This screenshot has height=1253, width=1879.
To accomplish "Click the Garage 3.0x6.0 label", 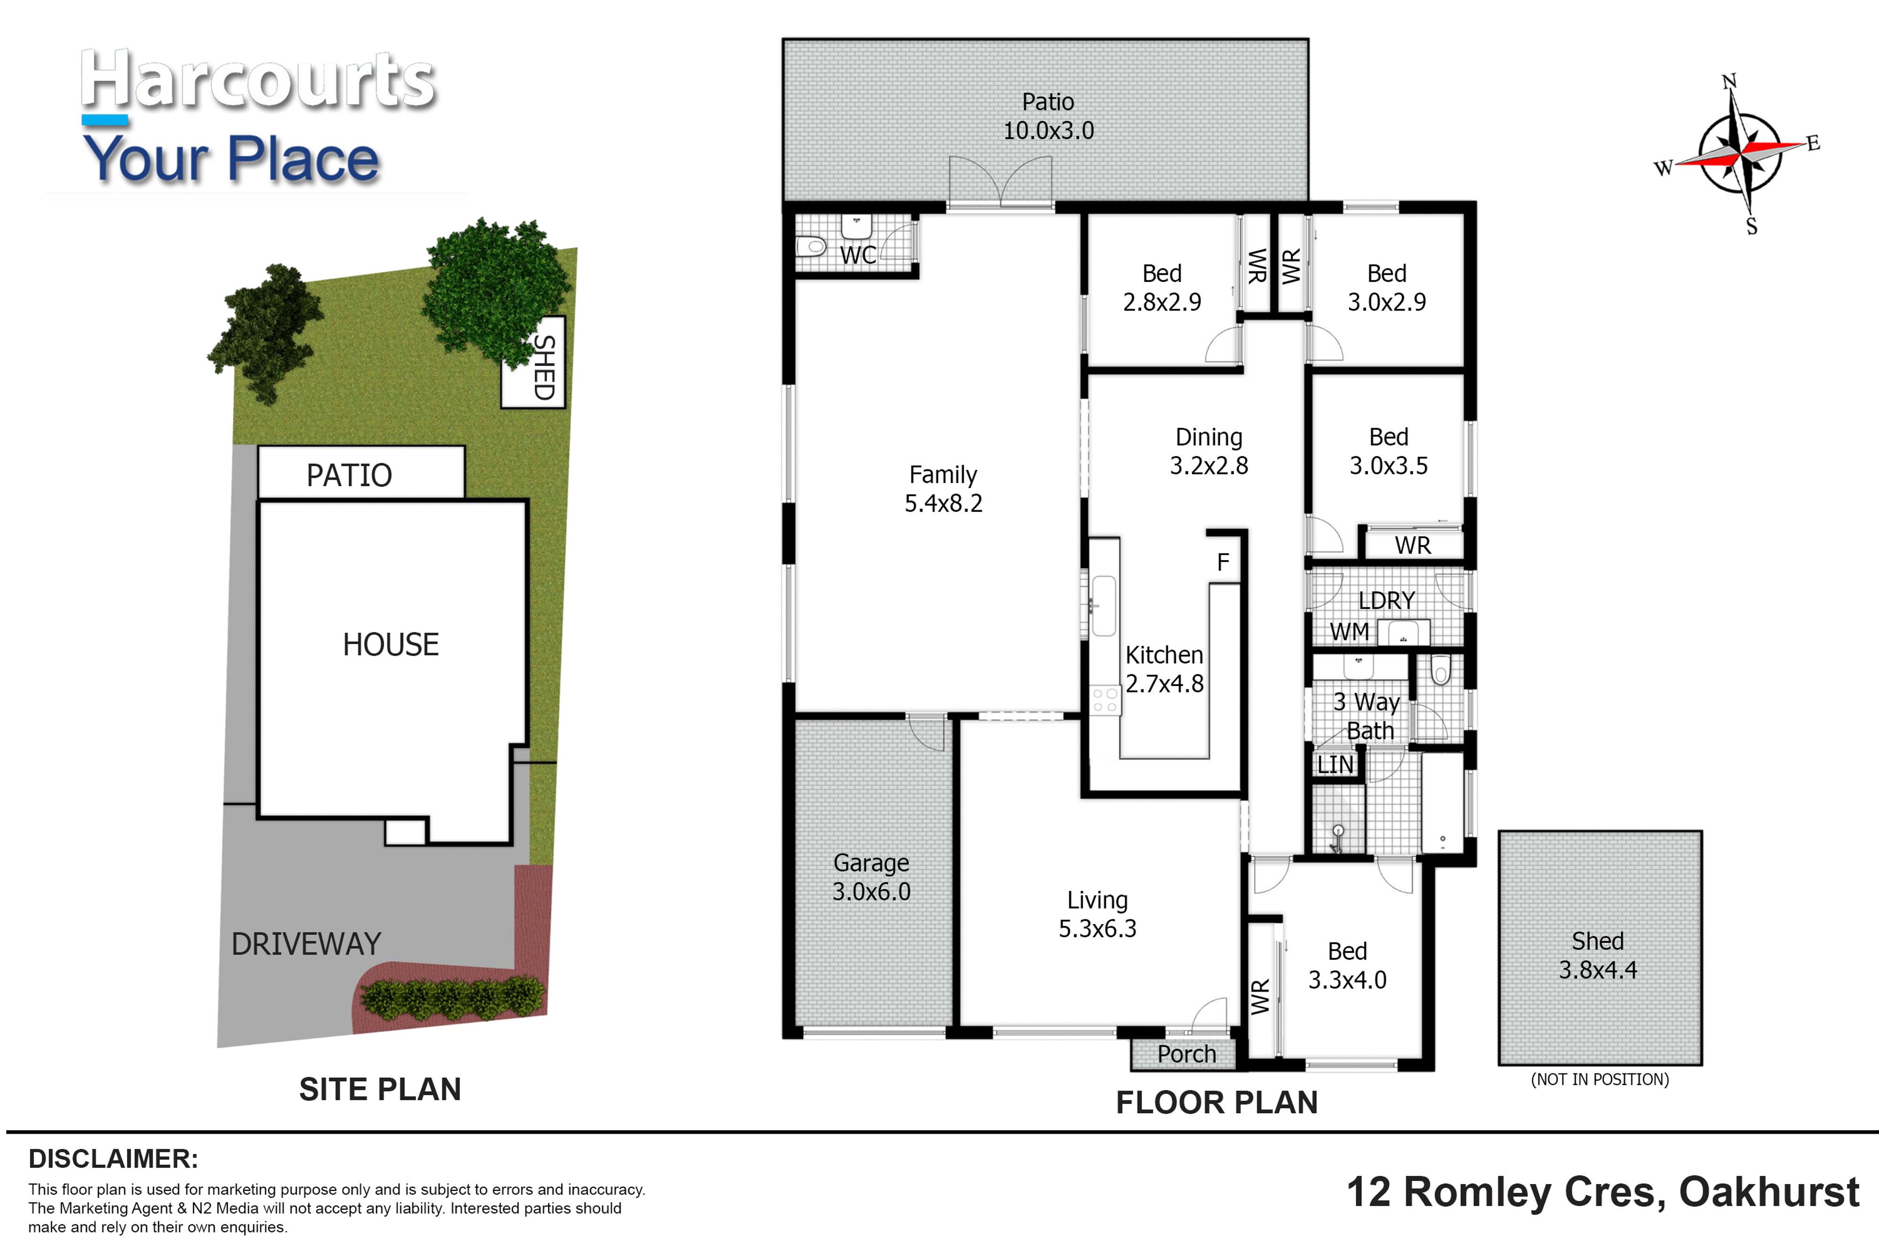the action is point(871,877).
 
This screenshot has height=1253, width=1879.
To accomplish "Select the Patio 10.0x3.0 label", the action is point(1048,116).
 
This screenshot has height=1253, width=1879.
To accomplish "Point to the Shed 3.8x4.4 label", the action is point(1598,955).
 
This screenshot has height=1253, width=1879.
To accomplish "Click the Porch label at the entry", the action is point(1187,1054).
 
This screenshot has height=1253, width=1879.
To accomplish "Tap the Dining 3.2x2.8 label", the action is point(1209,451).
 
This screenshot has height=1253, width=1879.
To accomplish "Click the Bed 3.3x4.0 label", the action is point(1347,965).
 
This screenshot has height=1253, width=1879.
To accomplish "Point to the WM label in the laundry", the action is point(1349,632).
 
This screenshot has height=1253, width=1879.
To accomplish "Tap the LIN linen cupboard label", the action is point(1335,765).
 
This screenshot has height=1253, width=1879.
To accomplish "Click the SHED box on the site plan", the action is point(533,362).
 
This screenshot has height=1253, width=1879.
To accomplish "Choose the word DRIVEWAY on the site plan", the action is point(306,944).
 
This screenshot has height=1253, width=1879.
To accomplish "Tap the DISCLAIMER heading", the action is point(113,1159).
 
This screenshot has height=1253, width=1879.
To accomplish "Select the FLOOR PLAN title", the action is point(1217,1103).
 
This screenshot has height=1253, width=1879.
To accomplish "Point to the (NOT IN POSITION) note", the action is point(1600,1080).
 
